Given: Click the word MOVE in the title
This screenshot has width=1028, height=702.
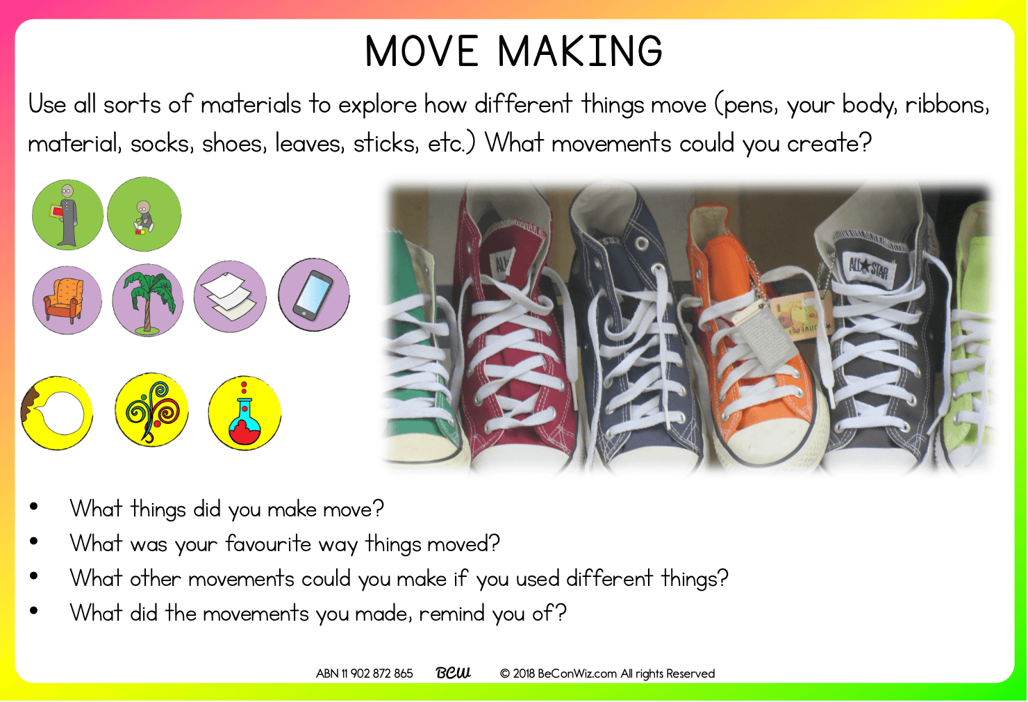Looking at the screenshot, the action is (422, 51).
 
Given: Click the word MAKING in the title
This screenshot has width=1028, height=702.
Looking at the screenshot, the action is (581, 51).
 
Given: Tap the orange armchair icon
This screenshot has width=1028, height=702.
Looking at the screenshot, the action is (67, 300).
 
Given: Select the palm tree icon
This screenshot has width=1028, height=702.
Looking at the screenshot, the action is (148, 300).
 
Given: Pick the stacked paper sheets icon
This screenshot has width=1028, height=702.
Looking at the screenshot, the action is (230, 297).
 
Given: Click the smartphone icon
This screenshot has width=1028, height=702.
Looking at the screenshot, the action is (314, 295).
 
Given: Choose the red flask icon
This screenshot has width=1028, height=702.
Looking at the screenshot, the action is (244, 413).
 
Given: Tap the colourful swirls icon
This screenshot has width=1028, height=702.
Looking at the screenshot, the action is (151, 410).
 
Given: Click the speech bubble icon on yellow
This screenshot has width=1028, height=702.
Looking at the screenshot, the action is (57, 413).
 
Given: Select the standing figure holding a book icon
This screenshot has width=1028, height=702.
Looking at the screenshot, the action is (67, 215).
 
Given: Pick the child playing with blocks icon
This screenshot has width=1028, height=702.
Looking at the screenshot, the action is (144, 214).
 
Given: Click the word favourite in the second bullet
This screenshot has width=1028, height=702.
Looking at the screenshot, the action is (269, 544).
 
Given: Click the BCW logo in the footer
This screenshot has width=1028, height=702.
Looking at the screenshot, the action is (453, 673).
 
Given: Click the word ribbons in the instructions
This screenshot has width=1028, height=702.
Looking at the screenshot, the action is (947, 105).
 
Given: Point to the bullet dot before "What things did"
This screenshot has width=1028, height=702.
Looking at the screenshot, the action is (33, 507).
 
